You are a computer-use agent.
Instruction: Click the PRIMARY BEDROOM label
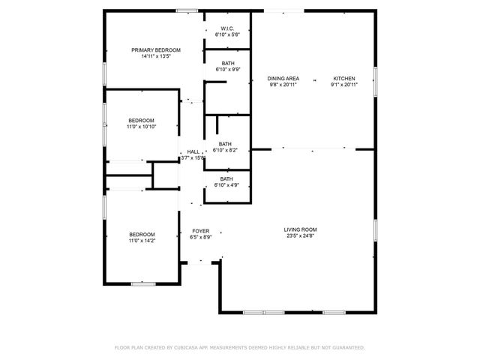pos(156,50)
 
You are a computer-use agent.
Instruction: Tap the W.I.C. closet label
pos(226,29)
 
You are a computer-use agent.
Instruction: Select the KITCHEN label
pos(344,79)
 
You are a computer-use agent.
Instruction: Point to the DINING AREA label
pos(283,79)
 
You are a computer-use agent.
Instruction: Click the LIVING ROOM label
pos(300,229)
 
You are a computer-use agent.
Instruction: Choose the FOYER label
pos(201,231)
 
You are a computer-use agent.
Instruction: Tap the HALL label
pos(193,151)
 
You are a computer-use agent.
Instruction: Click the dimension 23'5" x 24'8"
pos(300,236)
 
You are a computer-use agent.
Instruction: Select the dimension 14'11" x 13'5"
pos(156,56)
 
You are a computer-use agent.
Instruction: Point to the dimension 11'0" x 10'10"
pos(141,127)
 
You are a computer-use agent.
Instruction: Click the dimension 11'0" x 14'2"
pos(141,240)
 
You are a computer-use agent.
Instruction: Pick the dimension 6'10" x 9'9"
pos(226,70)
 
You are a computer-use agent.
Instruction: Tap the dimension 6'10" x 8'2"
pos(225,150)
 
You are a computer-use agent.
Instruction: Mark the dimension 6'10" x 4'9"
pos(226,184)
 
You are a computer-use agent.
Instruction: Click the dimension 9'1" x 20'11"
pos(344,85)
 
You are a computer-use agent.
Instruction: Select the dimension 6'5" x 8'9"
pos(201,237)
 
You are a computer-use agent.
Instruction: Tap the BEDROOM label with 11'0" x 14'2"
pos(141,234)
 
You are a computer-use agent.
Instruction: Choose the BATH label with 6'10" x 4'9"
pos(226,178)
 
